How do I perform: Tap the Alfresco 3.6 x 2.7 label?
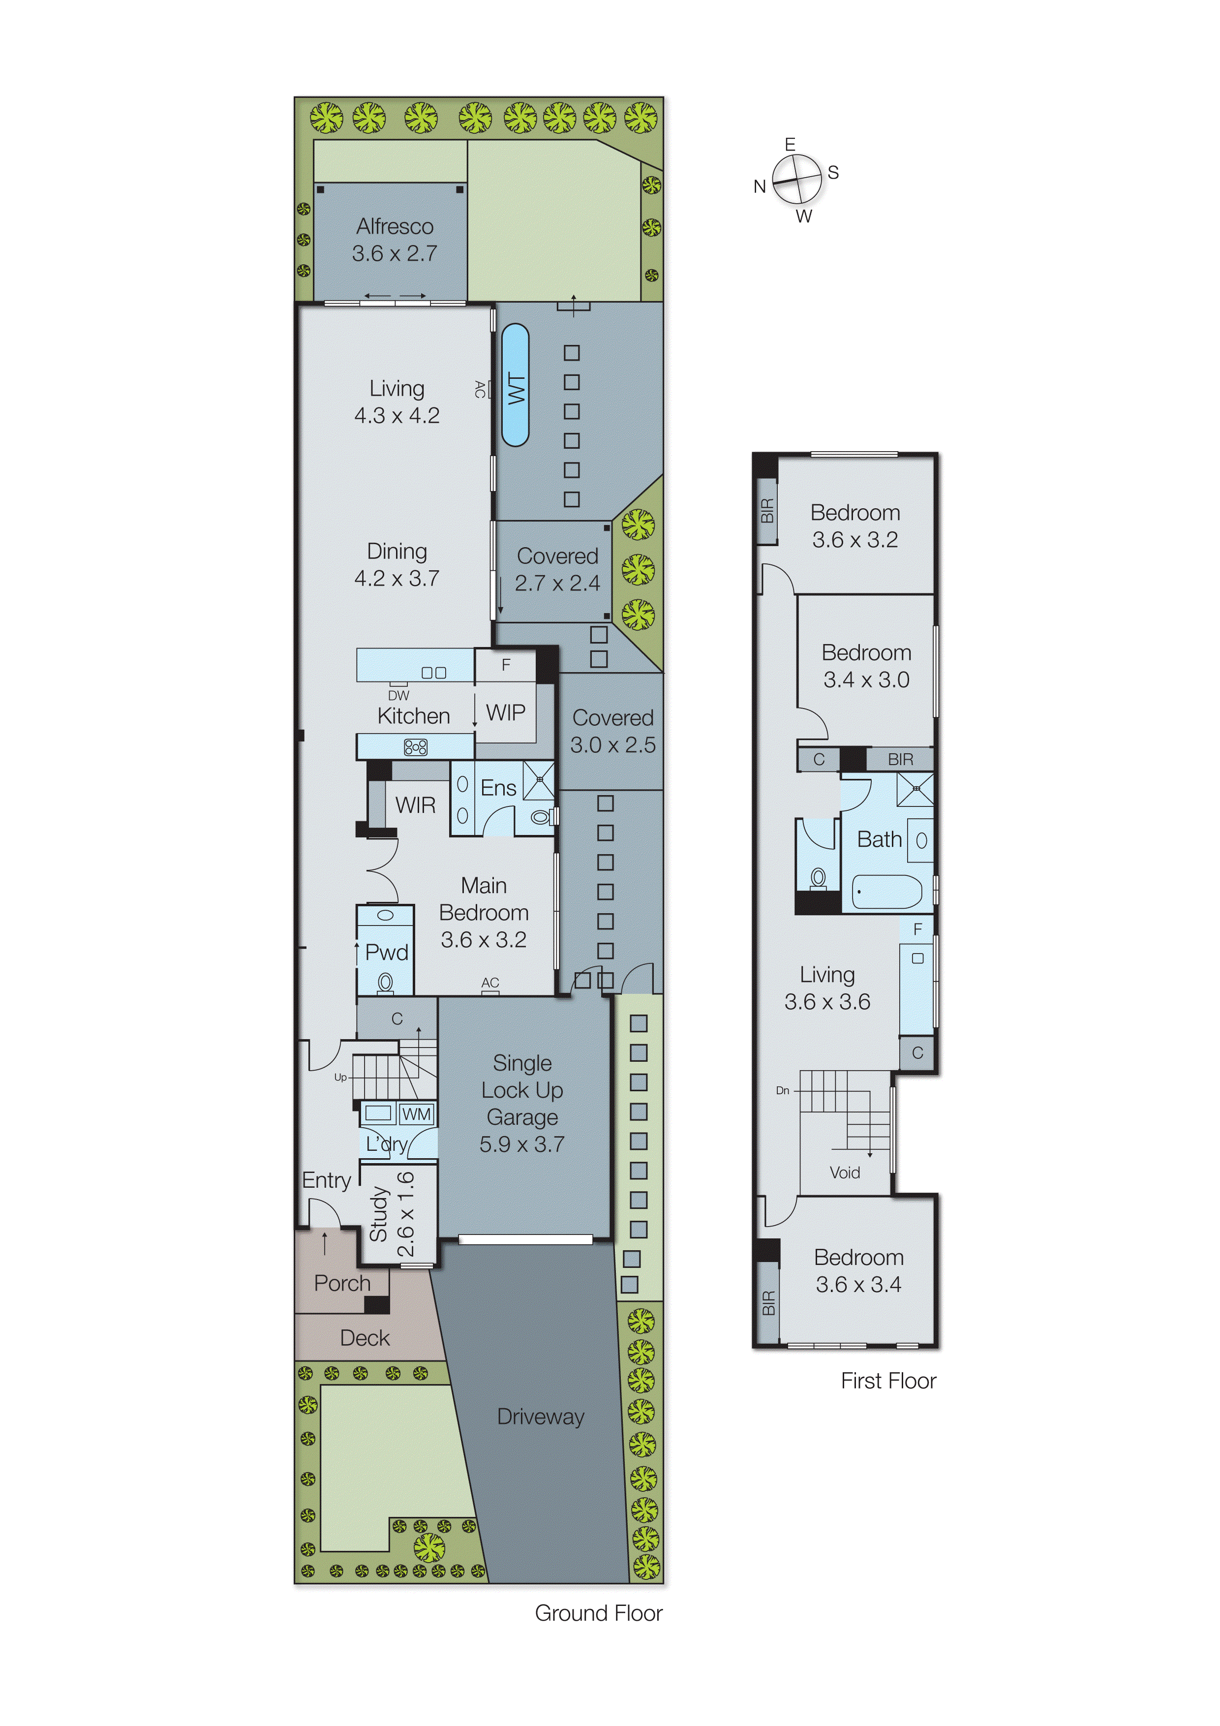(x=395, y=240)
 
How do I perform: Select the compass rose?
(x=797, y=179)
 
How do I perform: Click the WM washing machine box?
(x=416, y=1114)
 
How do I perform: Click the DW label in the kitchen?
(x=398, y=695)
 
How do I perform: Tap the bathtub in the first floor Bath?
(x=887, y=893)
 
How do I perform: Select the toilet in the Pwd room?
(x=385, y=983)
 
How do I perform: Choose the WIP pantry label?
(x=505, y=712)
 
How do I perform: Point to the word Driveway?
(x=541, y=1417)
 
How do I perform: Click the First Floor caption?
(x=888, y=1381)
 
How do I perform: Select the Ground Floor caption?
(x=598, y=1613)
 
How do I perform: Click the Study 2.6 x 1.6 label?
(x=392, y=1214)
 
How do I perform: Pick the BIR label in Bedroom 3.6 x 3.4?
(x=767, y=1303)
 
